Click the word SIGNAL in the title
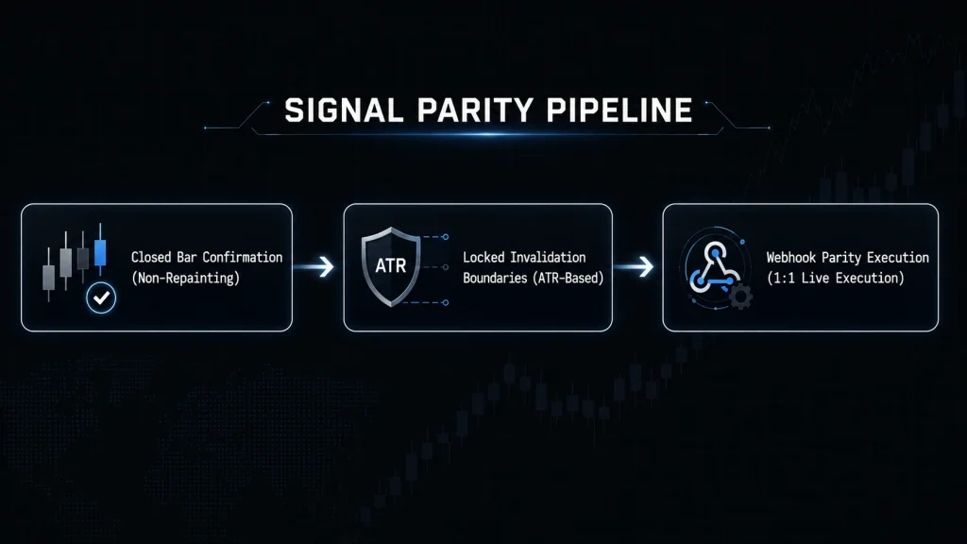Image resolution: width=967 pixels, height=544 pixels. coord(344,110)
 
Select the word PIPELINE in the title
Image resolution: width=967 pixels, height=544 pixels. coord(619,110)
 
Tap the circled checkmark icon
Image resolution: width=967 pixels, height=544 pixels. coord(101,297)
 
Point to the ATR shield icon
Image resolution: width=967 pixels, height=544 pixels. coord(390,266)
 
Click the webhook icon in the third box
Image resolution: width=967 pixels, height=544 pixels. coord(714,267)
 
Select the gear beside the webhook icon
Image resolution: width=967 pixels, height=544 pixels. coord(740,297)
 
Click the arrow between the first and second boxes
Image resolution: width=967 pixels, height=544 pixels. coord(314,266)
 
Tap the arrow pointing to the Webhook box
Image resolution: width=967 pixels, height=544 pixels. coord(634,266)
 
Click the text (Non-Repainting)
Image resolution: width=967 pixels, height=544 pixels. coord(186,279)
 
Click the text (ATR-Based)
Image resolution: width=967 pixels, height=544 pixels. coord(568,279)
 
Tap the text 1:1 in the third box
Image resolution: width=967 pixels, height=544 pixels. coord(783,279)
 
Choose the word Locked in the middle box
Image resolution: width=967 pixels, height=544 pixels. coord(483,257)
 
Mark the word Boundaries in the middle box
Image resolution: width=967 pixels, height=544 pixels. coord(495,279)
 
